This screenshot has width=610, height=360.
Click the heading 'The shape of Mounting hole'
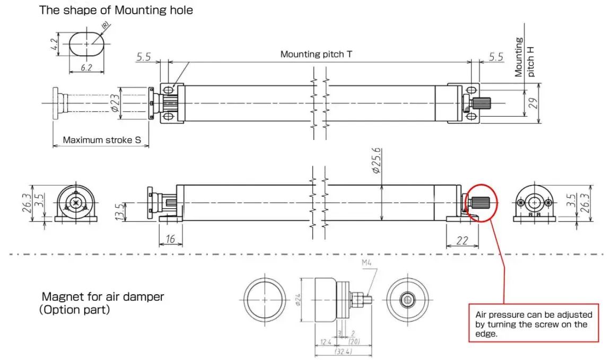click(x=116, y=10)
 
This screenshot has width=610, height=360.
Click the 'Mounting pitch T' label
click(x=316, y=54)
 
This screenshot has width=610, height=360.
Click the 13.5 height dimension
click(x=119, y=211)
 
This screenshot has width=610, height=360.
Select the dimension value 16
click(x=170, y=240)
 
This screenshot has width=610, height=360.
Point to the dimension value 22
click(x=462, y=241)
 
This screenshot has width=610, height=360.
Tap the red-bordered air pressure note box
click(x=533, y=322)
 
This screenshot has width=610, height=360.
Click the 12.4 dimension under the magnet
click(x=323, y=342)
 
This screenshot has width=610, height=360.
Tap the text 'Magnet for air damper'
click(x=103, y=297)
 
